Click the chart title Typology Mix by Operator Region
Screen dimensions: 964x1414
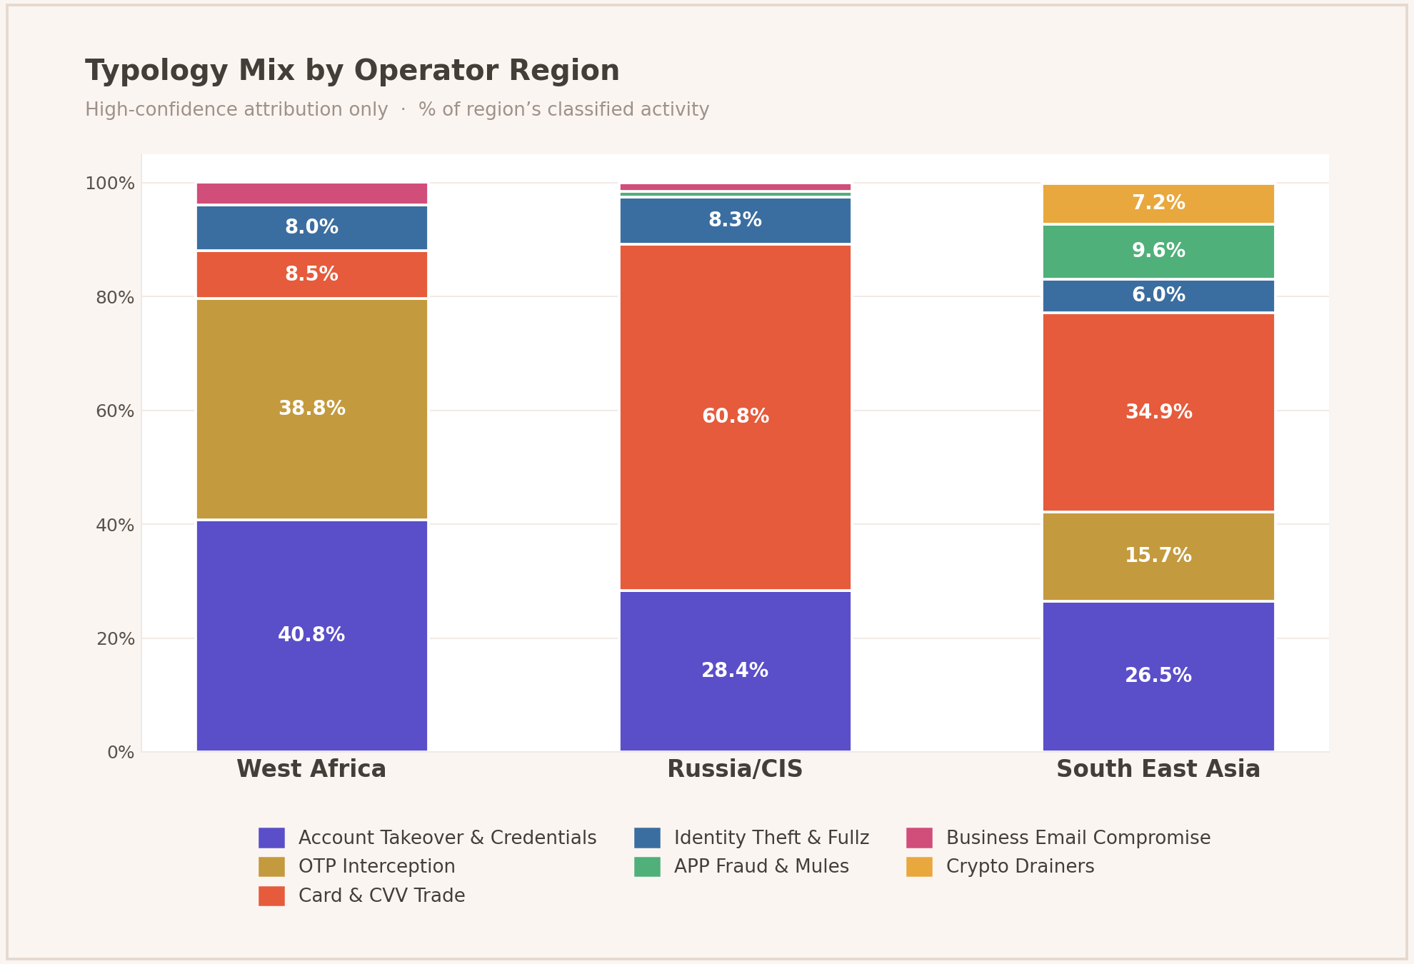[352, 71]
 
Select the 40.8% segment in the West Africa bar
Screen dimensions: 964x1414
[312, 635]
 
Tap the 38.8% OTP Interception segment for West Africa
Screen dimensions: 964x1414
[312, 408]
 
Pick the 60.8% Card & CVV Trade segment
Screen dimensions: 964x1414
[735, 416]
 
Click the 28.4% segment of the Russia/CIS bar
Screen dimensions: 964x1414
[735, 671]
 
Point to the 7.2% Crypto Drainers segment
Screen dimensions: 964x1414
[1158, 204]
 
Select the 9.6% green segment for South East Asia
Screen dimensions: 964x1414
[1158, 251]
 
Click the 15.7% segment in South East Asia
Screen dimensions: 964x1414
[1158, 556]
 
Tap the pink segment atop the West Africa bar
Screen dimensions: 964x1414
[312, 194]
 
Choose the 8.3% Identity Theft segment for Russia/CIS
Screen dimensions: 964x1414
[735, 221]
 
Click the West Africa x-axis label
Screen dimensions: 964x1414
[311, 769]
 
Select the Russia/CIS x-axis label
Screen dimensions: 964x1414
[735, 769]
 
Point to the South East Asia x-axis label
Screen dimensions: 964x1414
[1158, 769]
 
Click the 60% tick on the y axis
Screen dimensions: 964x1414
[115, 411]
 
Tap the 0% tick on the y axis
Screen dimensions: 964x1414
[121, 753]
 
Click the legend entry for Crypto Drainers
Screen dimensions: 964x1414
[1020, 867]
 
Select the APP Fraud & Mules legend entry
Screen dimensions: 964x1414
[761, 867]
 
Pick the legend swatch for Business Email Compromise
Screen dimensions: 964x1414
[919, 838]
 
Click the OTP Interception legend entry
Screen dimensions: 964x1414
[376, 867]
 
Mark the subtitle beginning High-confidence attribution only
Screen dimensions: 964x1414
[397, 110]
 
